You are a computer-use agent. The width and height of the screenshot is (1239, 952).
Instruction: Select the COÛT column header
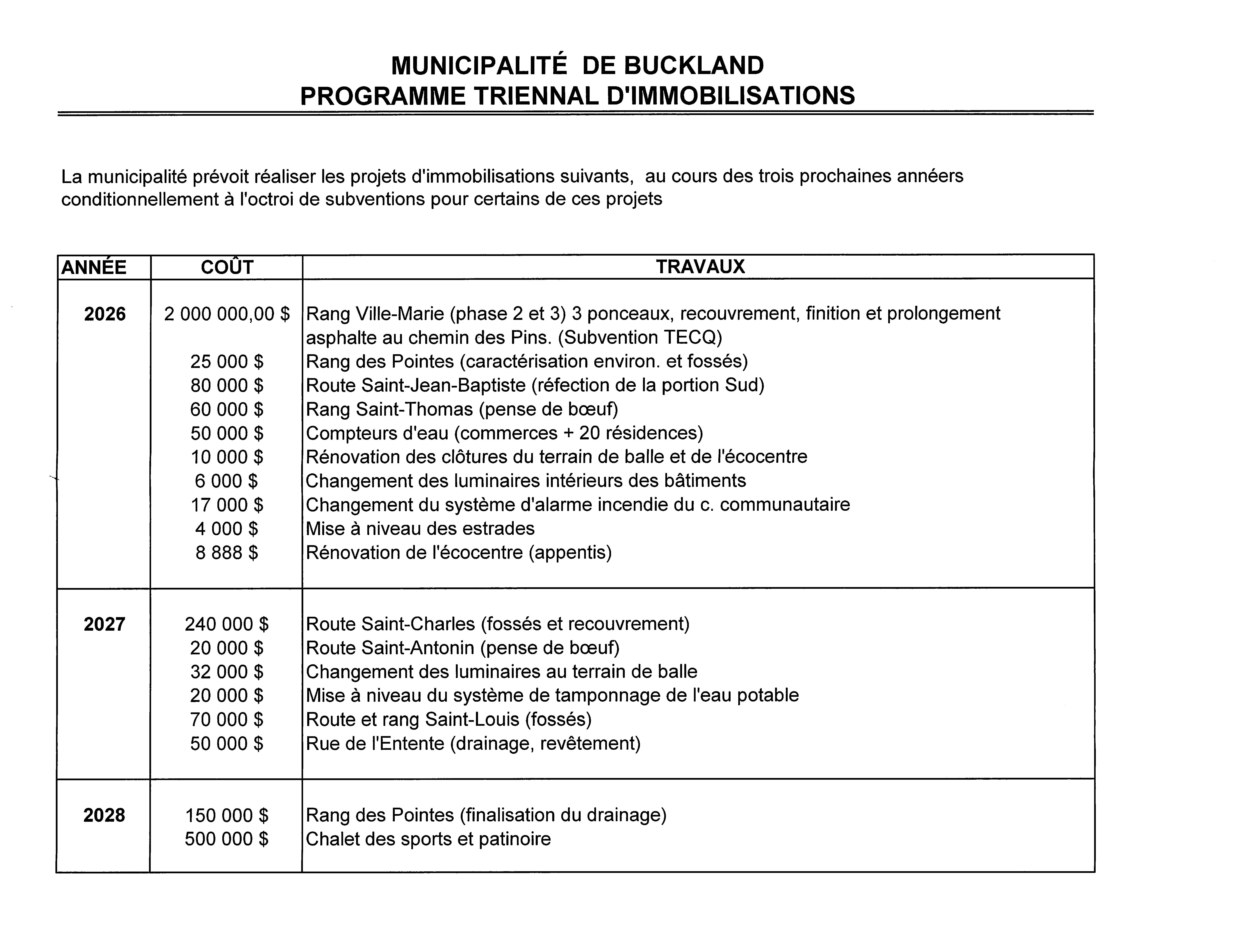coord(227,267)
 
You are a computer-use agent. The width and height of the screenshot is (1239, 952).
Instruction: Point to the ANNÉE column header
coord(94,267)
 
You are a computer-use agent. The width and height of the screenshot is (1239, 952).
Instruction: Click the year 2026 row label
coord(105,314)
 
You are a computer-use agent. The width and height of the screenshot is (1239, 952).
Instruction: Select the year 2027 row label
coord(104,624)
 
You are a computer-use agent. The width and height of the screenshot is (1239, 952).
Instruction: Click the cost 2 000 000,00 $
coord(227,314)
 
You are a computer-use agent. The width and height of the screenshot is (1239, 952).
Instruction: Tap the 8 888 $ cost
coord(227,552)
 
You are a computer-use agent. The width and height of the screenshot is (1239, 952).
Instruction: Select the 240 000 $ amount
coord(227,624)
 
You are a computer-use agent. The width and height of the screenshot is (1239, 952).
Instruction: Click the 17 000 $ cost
coord(227,505)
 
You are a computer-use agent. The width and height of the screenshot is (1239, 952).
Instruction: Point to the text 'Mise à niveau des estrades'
coord(420,529)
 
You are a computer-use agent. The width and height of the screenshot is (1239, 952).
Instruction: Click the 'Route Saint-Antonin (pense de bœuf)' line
coord(462,648)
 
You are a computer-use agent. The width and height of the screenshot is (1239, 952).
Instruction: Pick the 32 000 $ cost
coord(227,671)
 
